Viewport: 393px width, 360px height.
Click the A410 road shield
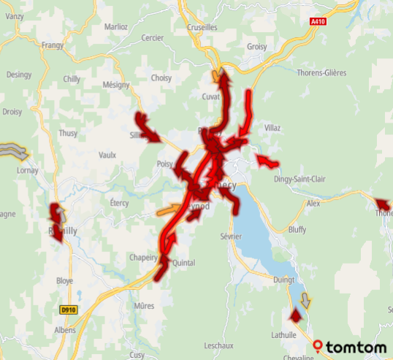[x=317, y=22]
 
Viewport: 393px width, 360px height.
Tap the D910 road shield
[x=69, y=310]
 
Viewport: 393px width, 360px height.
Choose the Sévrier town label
[x=230, y=237]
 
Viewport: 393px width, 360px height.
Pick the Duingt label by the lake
[x=283, y=279]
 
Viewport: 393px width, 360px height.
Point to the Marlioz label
[x=115, y=27]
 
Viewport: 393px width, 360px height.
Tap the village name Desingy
[x=19, y=74]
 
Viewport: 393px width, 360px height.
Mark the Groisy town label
[x=257, y=46]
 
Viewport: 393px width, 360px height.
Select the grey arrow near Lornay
[x=14, y=152]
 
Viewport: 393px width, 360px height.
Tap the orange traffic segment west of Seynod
[x=169, y=211]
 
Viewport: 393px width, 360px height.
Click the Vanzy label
[x=15, y=16]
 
